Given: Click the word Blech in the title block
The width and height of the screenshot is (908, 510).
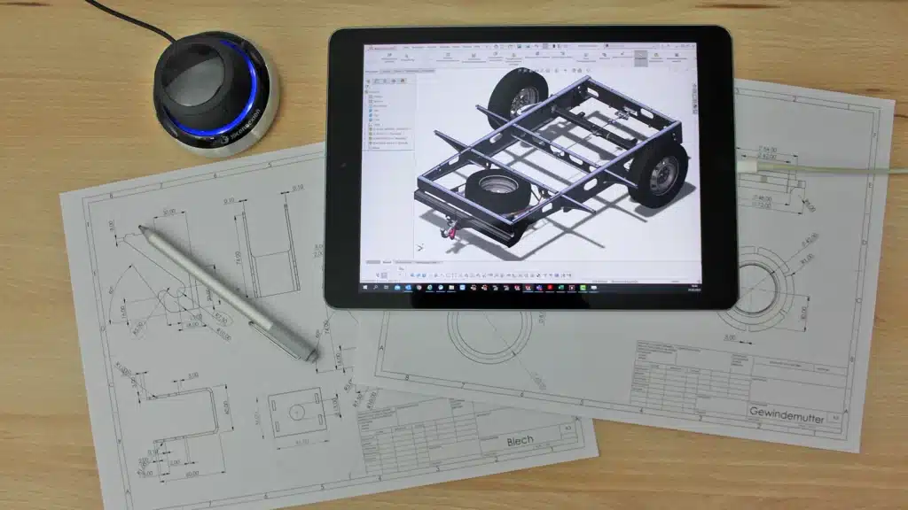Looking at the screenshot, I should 521,441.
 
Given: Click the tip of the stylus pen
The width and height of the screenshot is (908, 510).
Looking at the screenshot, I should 141,228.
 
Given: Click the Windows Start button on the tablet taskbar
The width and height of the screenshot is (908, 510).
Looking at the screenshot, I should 365,288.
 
